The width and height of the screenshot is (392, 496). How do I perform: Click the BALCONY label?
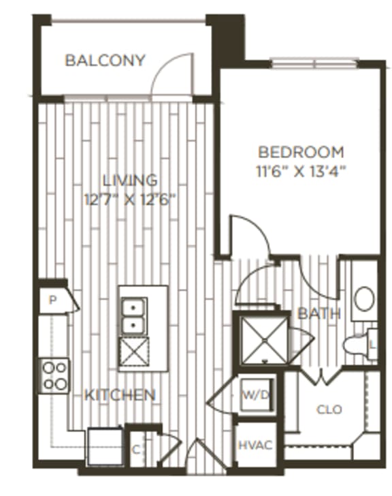tap(105, 61)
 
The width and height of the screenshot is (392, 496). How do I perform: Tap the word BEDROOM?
tap(300, 152)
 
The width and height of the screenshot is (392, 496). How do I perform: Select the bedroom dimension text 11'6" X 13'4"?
tap(301, 170)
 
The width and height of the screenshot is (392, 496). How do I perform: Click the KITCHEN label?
tap(120, 394)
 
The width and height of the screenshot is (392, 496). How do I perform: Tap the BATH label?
tap(319, 313)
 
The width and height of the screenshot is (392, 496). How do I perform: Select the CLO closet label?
tap(329, 409)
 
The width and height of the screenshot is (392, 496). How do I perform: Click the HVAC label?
tap(255, 446)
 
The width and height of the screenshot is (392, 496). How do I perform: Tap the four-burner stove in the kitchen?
tap(55, 375)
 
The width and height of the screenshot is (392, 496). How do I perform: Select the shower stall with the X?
tap(259, 337)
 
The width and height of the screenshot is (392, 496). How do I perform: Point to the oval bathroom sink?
tap(365, 298)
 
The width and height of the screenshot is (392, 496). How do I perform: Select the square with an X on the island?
tap(133, 352)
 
